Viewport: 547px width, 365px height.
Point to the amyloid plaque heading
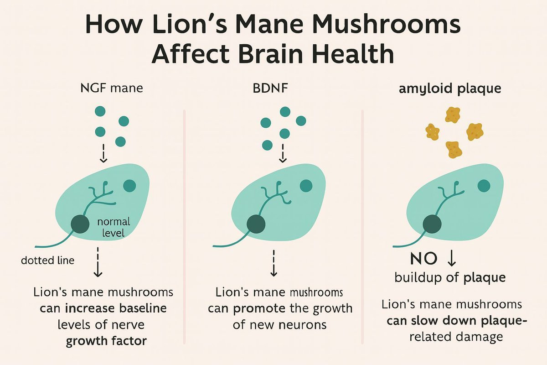click(x=450, y=88)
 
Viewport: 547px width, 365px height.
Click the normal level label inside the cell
click(x=114, y=228)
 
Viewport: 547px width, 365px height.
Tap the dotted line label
click(x=48, y=261)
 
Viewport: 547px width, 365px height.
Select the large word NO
click(x=424, y=260)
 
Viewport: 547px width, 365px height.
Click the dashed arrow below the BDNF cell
click(x=273, y=263)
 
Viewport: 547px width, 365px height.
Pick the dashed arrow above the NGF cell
click(x=103, y=153)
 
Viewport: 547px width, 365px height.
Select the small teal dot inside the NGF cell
click(x=130, y=185)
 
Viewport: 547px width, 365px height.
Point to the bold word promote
click(x=260, y=308)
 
